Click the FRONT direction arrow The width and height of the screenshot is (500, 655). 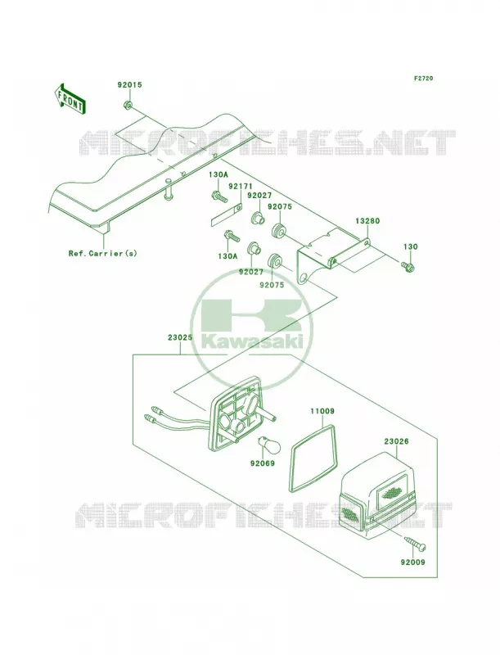70,98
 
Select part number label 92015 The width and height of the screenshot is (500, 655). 129,85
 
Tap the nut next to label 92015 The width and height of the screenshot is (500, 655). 128,105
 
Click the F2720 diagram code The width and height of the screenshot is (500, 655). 423,78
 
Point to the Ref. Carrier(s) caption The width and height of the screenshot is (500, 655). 102,253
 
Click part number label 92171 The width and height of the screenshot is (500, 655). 238,186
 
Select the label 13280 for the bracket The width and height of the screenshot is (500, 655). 367,221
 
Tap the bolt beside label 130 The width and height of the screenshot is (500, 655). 407,265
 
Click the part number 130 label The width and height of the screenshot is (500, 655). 410,247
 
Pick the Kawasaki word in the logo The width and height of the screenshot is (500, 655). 252,342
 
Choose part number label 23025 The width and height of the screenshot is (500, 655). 181,337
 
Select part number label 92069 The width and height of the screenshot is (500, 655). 263,463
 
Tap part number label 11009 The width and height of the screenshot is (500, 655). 322,412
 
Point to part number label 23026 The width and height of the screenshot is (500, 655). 397,441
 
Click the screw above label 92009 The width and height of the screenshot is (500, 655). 414,544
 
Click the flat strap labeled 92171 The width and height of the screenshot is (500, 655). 226,215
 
